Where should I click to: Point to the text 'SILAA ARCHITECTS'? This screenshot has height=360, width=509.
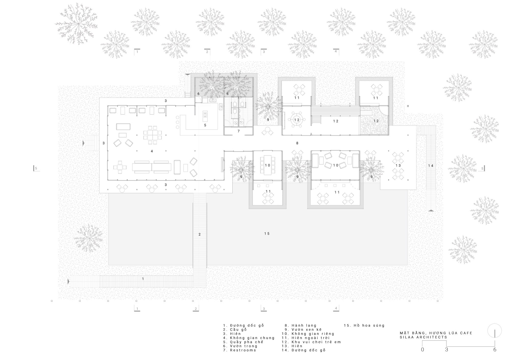[x=423, y=337]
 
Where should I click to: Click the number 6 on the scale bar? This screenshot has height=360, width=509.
[x=495, y=350]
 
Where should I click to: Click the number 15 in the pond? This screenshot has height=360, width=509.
[x=267, y=233]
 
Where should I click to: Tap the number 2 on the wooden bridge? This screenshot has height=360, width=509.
[x=200, y=234]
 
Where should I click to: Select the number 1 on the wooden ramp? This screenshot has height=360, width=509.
[x=143, y=279]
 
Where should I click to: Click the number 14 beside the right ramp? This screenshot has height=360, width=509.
[x=431, y=166]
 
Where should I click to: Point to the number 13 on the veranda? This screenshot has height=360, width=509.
[x=398, y=165]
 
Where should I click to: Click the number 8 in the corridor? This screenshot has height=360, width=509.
[x=297, y=143]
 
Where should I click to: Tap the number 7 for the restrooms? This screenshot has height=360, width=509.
[x=238, y=131]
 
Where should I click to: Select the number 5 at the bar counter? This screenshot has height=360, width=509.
[x=205, y=125]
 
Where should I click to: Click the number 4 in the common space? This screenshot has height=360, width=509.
[x=152, y=151]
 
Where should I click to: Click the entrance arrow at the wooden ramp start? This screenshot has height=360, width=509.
[x=68, y=282]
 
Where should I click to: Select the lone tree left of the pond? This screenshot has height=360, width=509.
[x=88, y=238]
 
